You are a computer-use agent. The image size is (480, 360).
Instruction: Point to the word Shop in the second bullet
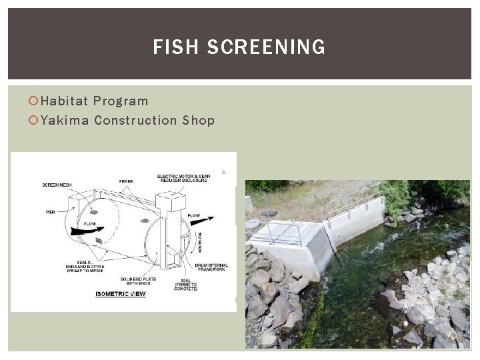point(198,121)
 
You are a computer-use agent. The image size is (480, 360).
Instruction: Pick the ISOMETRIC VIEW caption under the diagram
point(121,293)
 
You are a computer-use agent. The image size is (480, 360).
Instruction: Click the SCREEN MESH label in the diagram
point(58,185)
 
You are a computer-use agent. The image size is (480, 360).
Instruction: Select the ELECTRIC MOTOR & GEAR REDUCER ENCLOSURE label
point(183,178)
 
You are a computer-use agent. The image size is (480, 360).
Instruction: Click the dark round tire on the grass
point(268,214)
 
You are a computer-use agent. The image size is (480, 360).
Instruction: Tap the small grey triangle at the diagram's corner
point(224,171)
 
